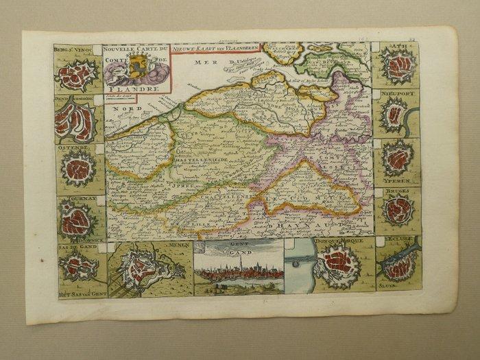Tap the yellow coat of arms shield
tap(138, 67)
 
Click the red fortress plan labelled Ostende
tap(77, 169)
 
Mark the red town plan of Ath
tap(398, 66)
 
